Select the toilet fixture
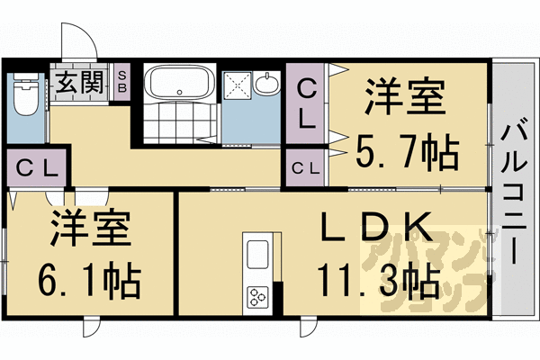pos(25,95)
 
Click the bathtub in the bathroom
pos(178,85)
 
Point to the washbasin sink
pos(268,85)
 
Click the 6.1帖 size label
pos(89,281)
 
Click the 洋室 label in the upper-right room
pos(406,95)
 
